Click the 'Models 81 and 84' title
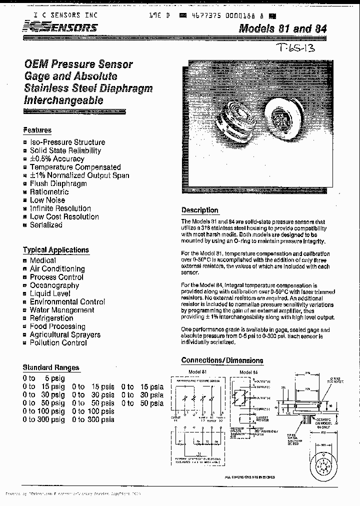(282, 28)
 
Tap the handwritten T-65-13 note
(296, 48)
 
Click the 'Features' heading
(37, 130)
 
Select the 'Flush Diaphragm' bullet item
(58, 183)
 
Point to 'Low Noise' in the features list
(47, 200)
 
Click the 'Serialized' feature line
(46, 225)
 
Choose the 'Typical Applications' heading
(55, 250)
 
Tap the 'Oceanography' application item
(54, 285)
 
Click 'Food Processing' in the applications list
(58, 326)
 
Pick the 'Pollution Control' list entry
(58, 343)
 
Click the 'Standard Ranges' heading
(50, 367)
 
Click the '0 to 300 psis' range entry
(93, 419)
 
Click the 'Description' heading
(199, 210)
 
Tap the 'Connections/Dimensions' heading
(221, 360)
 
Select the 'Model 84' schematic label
(248, 372)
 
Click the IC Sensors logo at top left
(60, 28)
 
